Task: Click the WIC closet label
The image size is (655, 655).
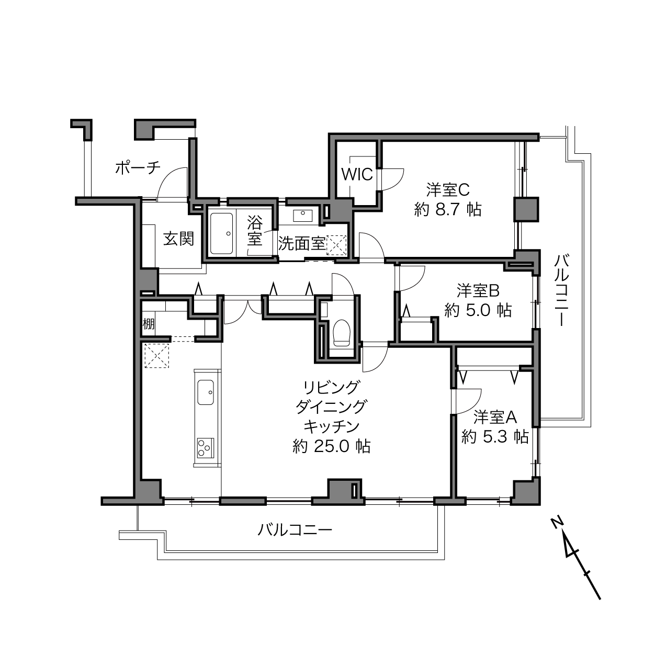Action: pos(357,175)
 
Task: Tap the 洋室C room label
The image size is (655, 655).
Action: pos(448,190)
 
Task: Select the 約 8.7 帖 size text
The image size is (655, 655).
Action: pos(448,210)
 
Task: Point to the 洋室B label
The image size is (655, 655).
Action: pos(478,291)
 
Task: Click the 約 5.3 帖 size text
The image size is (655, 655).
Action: pos(494,437)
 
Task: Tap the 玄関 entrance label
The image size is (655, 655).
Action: pos(178,239)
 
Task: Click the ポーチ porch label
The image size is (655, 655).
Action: pos(138,168)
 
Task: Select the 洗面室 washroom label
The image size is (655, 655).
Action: pos(301,243)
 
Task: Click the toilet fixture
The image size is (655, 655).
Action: pos(341,333)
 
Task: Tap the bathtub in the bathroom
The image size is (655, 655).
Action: pos(222,234)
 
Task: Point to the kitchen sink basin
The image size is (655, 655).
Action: pos(206,392)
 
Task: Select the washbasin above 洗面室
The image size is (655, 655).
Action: pos(302,214)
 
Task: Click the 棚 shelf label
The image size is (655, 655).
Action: pos(149,324)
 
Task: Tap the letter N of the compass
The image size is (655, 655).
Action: pos(557,524)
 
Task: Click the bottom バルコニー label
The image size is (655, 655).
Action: pos(295,530)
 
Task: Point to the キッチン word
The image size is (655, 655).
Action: pos(331,427)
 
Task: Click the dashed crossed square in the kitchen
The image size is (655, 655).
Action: pos(157,356)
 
